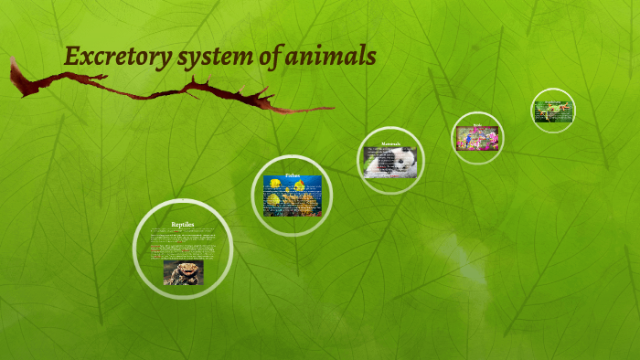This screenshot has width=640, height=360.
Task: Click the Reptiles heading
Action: pyautogui.click(x=183, y=224)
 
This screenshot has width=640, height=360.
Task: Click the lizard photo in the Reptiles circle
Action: pyautogui.click(x=183, y=273)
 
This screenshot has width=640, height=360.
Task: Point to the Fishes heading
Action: pyautogui.click(x=293, y=175)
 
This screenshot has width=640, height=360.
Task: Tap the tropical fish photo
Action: pyautogui.click(x=293, y=196)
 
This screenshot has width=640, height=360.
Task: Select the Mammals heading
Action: pyautogui.click(x=390, y=143)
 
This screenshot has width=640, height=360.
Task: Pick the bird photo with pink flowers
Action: pyautogui.click(x=477, y=139)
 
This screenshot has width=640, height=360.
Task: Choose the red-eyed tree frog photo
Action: pyautogui.click(x=553, y=111)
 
